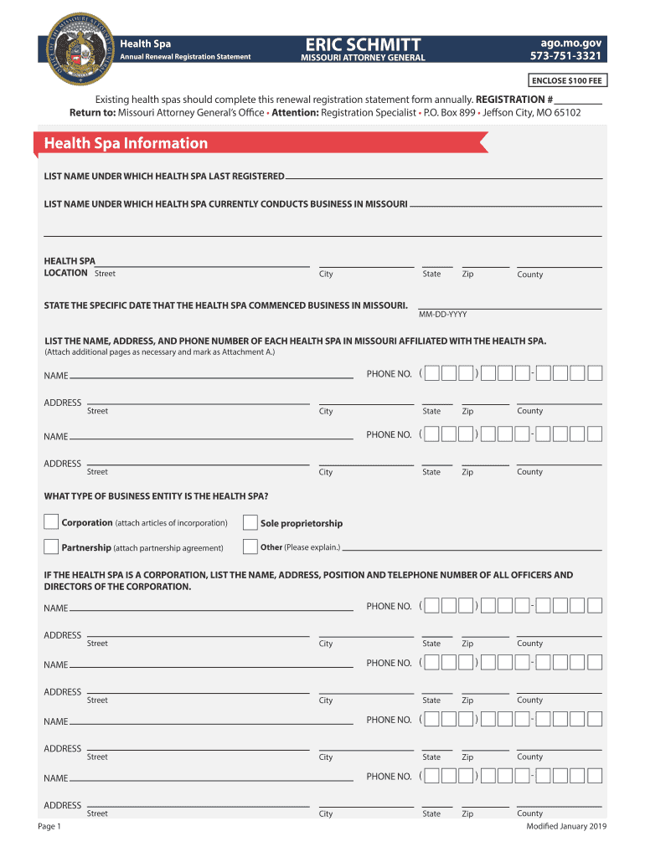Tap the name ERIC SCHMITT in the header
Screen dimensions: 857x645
pos(363,44)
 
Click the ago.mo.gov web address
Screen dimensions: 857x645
pos(577,44)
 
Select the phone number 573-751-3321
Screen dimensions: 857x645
pos(566,57)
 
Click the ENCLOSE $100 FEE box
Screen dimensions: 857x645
pos(567,80)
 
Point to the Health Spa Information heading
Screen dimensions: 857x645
pos(126,143)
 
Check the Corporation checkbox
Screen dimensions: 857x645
pos(51,522)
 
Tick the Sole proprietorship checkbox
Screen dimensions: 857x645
pos(250,523)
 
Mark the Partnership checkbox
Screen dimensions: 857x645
pos(51,547)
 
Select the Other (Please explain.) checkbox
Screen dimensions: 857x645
pos(250,547)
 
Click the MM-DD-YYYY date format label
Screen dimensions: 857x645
pos(442,315)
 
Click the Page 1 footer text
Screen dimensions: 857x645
pos(49,827)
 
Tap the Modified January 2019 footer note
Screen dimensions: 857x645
pos(565,827)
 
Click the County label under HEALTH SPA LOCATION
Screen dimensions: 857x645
pos(529,275)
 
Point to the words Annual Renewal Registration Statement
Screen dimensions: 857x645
pos(185,57)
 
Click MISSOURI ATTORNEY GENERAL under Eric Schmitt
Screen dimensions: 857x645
pos(363,58)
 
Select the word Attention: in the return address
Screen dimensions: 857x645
pos(294,112)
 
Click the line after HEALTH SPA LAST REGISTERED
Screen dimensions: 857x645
pos(444,177)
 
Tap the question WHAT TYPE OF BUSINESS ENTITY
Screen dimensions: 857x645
pos(156,496)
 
